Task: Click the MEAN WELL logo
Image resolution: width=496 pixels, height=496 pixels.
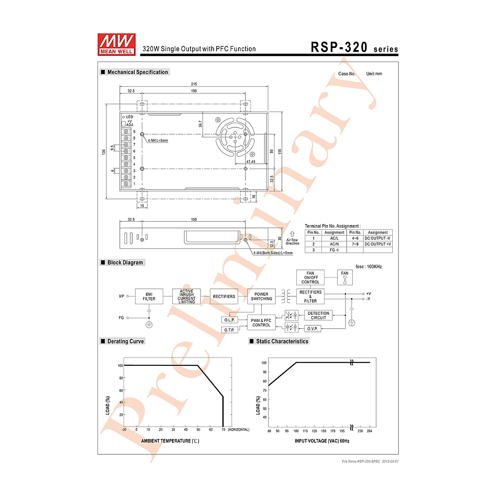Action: point(116,44)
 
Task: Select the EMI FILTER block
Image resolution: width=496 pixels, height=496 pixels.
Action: point(149,296)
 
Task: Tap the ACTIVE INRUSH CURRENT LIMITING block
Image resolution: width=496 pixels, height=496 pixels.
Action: point(186,296)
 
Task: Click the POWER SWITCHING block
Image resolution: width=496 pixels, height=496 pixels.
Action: point(261,296)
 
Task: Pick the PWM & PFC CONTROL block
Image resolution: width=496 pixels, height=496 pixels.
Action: point(261,322)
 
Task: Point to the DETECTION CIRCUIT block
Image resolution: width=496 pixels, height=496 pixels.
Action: point(318,315)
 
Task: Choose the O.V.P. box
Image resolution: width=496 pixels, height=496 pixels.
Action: point(313,329)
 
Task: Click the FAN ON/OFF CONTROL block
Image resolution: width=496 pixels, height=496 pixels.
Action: point(310,277)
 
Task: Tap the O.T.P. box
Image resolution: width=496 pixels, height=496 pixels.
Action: point(229,330)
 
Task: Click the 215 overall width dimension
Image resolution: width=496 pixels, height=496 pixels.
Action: point(194,84)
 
